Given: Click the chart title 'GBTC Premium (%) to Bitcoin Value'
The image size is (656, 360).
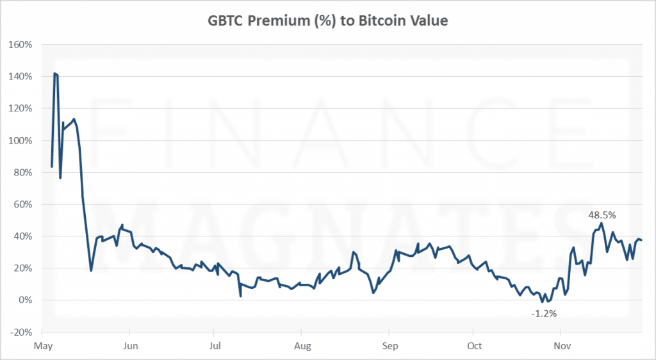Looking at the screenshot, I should click(x=327, y=20).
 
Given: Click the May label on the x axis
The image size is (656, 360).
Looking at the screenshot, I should click(x=42, y=346).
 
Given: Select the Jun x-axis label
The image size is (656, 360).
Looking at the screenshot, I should click(x=129, y=346).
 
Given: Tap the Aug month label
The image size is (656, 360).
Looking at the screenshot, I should click(x=302, y=346).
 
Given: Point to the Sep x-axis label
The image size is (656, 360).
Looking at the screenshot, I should click(x=388, y=346).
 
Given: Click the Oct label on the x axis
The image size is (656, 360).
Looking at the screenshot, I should click(x=474, y=346).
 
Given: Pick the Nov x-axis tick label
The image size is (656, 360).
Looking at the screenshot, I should click(x=561, y=346).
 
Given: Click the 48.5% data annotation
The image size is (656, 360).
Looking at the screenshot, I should click(x=602, y=216).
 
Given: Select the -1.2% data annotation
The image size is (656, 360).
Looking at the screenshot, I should click(x=544, y=314).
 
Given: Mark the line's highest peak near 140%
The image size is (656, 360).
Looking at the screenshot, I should click(x=55, y=74).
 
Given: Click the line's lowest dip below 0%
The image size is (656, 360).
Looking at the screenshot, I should click(x=541, y=302).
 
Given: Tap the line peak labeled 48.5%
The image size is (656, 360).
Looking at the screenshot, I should click(x=601, y=223).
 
